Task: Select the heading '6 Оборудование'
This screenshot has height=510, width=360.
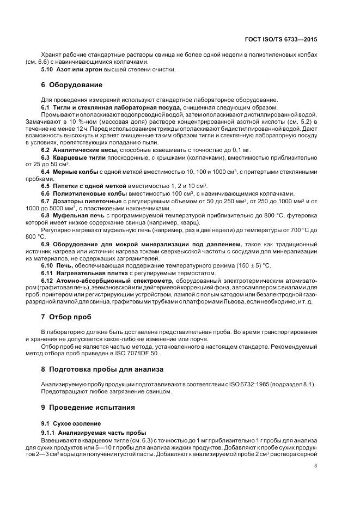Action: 71,85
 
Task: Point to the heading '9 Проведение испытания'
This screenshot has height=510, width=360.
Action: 85,407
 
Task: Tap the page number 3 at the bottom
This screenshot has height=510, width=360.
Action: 316,465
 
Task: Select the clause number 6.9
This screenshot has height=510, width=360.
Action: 46,244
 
